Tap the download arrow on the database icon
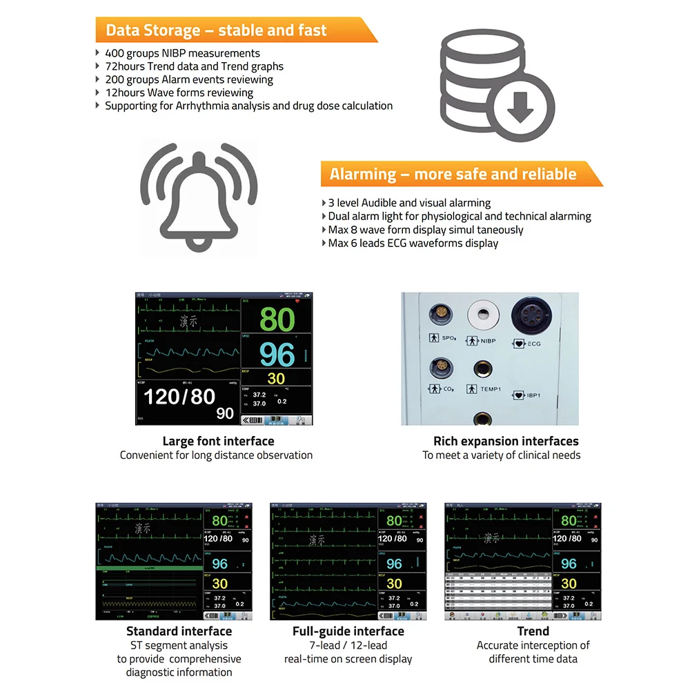click(521, 106)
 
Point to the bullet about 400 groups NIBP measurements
click(182, 53)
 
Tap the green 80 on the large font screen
click(277, 319)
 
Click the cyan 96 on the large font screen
click(277, 354)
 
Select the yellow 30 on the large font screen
click(276, 379)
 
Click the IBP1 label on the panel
click(533, 395)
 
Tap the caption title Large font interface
click(218, 441)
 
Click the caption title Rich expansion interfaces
click(506, 441)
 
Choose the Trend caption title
click(533, 631)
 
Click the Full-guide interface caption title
click(348, 631)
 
